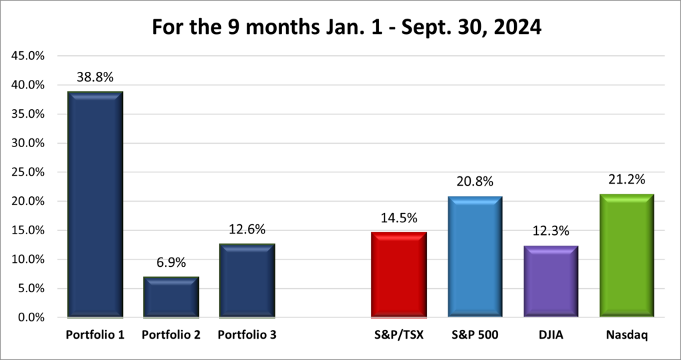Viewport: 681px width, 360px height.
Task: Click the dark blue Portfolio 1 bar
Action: pyautogui.click(x=95, y=204)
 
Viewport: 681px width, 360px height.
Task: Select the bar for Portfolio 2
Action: pyautogui.click(x=171, y=297)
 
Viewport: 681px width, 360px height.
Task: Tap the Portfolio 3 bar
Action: pyautogui.click(x=247, y=280)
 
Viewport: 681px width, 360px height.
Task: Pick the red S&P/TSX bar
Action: pyautogui.click(x=398, y=274)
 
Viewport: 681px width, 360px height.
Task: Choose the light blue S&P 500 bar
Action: pyautogui.click(x=474, y=256)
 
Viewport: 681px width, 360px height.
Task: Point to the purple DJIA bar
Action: pyautogui.click(x=550, y=281)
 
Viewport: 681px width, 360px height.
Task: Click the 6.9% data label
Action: pyautogui.click(x=171, y=264)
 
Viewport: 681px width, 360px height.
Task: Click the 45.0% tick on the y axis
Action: pyautogui.click(x=29, y=56)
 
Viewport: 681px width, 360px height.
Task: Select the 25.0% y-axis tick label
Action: pyautogui.click(x=29, y=172)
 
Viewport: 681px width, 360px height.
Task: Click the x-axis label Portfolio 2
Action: pyautogui.click(x=171, y=335)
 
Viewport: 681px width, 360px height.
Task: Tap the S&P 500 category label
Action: pyautogui.click(x=474, y=335)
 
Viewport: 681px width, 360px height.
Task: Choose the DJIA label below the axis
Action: pyautogui.click(x=550, y=335)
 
